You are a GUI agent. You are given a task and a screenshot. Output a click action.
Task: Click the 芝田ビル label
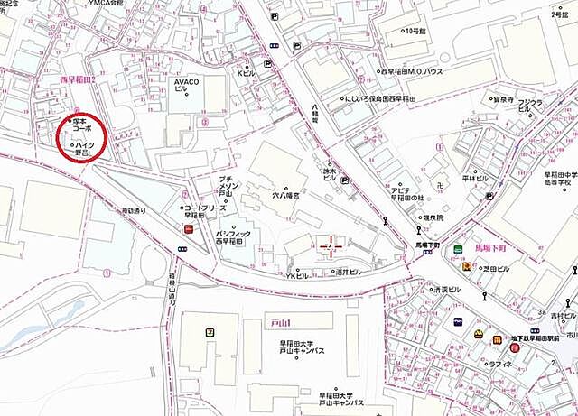tap(495, 269)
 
